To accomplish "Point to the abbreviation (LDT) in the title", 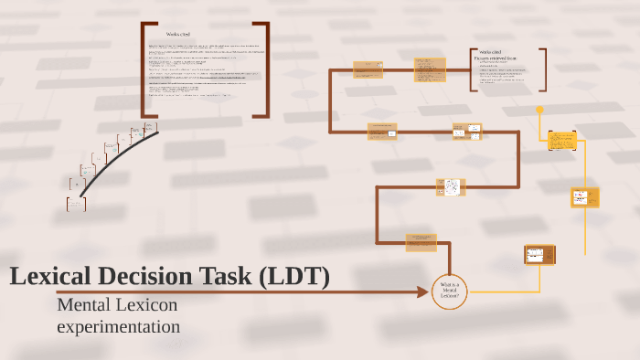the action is [x=294, y=276].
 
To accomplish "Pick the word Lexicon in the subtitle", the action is [x=148, y=304].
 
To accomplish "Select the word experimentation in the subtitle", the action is [x=118, y=325].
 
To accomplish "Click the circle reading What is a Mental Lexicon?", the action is [x=449, y=291].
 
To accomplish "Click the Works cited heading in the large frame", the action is [x=178, y=33].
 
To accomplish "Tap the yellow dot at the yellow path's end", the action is [x=539, y=110].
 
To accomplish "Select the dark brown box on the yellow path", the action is [x=535, y=254].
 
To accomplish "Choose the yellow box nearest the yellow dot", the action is [x=562, y=141].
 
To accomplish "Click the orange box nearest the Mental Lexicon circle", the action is [x=421, y=241].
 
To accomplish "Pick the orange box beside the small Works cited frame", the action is [x=430, y=69].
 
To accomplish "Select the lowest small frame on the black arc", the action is [x=76, y=204].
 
